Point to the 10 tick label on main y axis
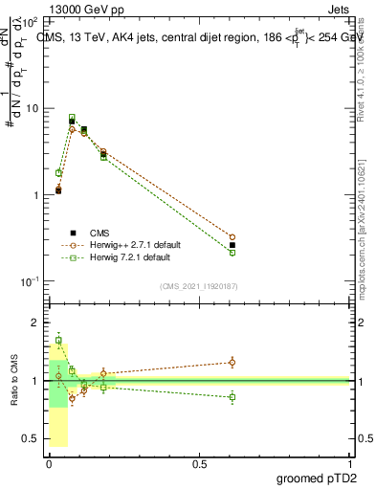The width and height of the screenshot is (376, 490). tap(33, 107)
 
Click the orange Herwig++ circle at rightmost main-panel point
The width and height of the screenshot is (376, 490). tap(232, 236)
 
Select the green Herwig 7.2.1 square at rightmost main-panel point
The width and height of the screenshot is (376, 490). tap(232, 253)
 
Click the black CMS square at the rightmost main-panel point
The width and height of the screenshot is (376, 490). tap(232, 245)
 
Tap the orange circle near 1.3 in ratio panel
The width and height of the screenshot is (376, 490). tap(232, 362)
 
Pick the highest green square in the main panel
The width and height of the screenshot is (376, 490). tap(72, 118)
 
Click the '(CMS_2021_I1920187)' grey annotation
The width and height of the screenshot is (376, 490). tap(199, 285)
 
